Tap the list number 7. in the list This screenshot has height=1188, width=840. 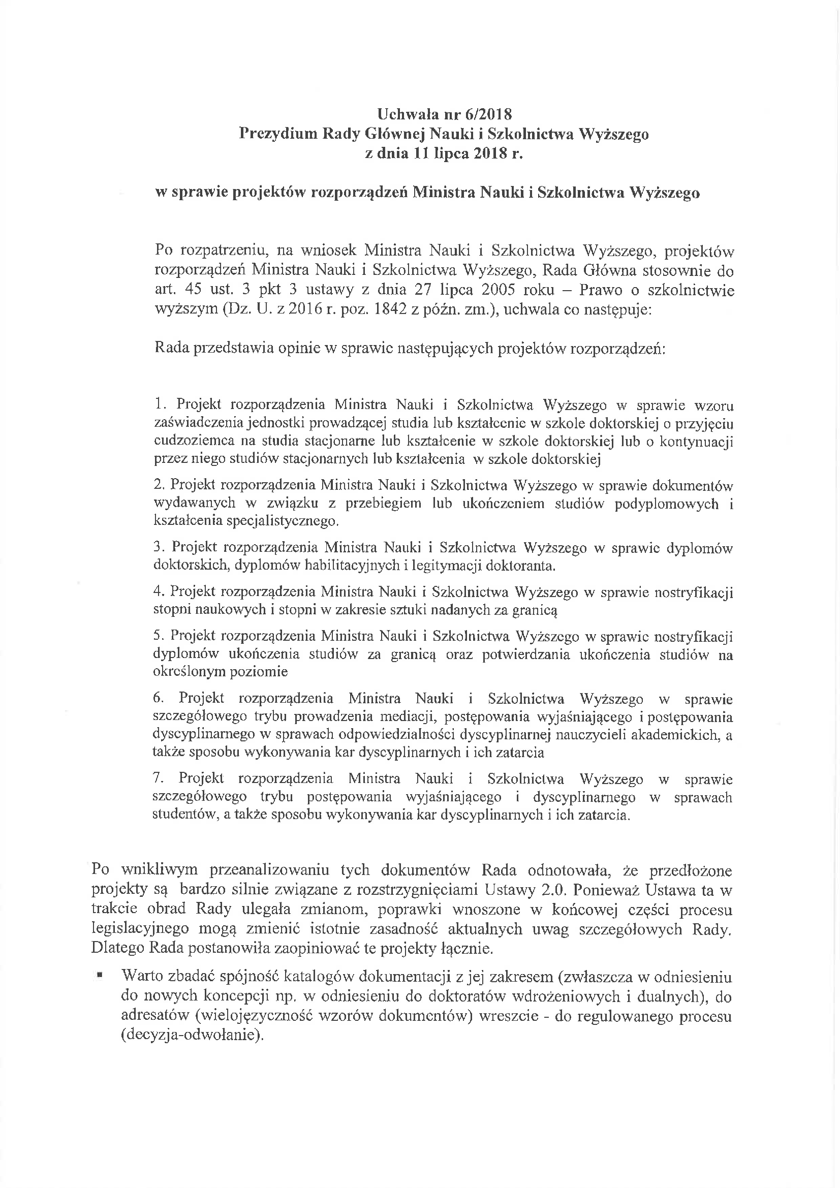coord(159,779)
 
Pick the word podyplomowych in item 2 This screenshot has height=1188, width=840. coord(667,504)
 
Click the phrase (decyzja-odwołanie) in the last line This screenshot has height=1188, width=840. coord(190,1036)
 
